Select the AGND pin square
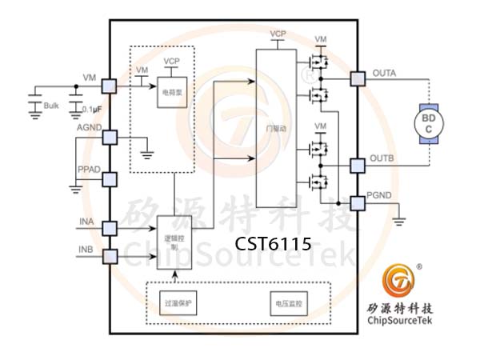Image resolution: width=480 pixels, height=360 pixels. tap(110, 137)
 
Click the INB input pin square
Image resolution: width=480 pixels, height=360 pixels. tap(110, 256)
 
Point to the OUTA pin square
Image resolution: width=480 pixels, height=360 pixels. tap(356, 79)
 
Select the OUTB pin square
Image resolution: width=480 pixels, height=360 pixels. tap(356, 166)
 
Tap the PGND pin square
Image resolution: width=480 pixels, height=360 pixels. tap(356, 203)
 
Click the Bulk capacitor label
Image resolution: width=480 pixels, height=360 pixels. tap(51, 106)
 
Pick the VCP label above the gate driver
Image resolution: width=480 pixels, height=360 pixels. tap(278, 34)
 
